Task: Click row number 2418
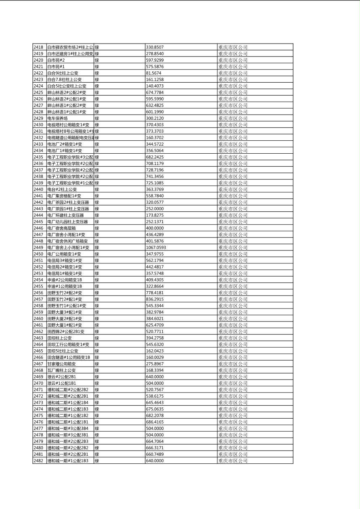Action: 38,47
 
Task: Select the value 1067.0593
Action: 156,248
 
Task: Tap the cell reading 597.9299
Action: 155,60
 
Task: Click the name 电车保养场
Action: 57,118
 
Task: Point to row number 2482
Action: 38,461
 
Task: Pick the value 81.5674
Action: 153,73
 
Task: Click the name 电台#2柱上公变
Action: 62,189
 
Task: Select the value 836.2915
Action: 155,299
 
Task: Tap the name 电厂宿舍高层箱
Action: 62,228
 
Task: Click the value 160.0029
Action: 155,357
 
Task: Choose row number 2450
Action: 38,254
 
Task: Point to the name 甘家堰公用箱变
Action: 61,364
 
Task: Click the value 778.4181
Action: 155,293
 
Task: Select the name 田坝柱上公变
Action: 59,338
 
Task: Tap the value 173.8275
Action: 155,215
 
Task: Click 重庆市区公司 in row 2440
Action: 233,189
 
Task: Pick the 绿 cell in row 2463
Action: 97,338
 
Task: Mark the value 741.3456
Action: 155,176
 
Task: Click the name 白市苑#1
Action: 56,67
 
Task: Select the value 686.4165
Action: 155,422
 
